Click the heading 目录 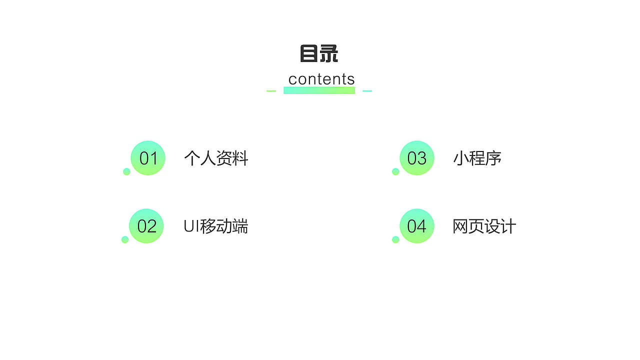pyautogui.click(x=319, y=53)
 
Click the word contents pyautogui.click(x=321, y=79)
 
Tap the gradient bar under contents pyautogui.click(x=319, y=90)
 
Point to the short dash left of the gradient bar pyautogui.click(x=271, y=91)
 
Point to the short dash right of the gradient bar pyautogui.click(x=367, y=91)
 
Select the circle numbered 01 pyautogui.click(x=148, y=158)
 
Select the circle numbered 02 pyautogui.click(x=146, y=226)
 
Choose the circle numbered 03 pyautogui.click(x=417, y=158)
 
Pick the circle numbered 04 pyautogui.click(x=417, y=226)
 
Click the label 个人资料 pyautogui.click(x=216, y=158)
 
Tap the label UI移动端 pyautogui.click(x=216, y=226)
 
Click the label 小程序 pyautogui.click(x=477, y=158)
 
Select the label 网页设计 pyautogui.click(x=484, y=226)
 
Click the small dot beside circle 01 pyautogui.click(x=126, y=171)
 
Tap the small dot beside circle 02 pyautogui.click(x=125, y=239)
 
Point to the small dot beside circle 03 pyautogui.click(x=395, y=171)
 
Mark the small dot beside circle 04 pyautogui.click(x=395, y=239)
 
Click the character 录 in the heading pyautogui.click(x=328, y=53)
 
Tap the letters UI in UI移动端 pyautogui.click(x=191, y=226)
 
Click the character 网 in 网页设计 pyautogui.click(x=460, y=226)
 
